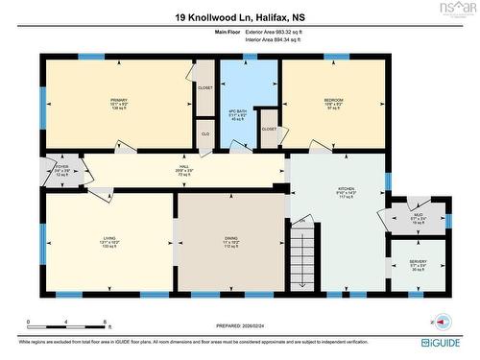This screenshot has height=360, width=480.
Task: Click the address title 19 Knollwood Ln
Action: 239,17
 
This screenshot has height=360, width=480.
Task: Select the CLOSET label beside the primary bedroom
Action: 204,87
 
